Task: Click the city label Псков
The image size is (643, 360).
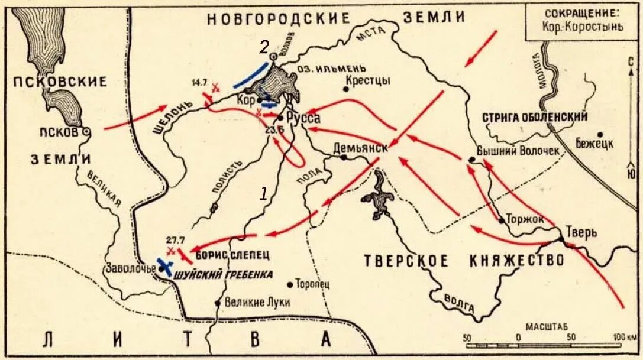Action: coord(62,132)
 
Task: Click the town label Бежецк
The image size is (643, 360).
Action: coord(594,144)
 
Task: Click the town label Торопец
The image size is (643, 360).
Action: coord(312,284)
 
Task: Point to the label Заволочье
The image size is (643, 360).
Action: coord(130,268)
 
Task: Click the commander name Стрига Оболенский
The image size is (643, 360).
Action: coord(535,117)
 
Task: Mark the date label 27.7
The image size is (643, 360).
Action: coord(176,239)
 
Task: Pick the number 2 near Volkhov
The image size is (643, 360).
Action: coord(264,46)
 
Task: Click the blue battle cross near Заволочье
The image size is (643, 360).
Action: coord(165,266)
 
